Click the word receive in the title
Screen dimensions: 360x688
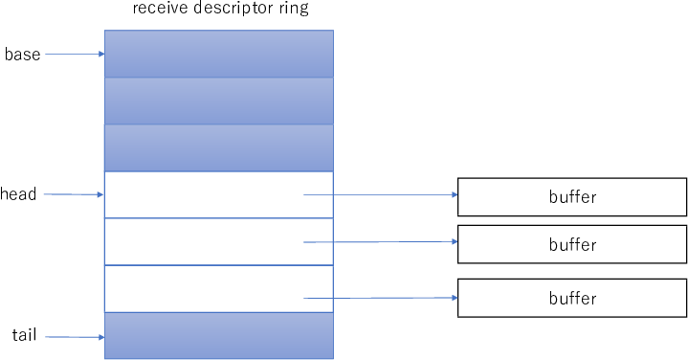(x=160, y=11)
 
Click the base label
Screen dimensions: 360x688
(x=22, y=55)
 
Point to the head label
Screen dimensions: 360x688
(x=18, y=194)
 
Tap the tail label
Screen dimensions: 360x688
(x=24, y=335)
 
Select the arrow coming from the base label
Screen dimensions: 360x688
(x=75, y=55)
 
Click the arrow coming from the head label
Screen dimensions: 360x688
(x=75, y=194)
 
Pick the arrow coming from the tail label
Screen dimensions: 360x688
(x=75, y=337)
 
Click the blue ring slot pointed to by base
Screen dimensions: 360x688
(x=218, y=54)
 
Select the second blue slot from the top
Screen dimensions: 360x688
(x=218, y=101)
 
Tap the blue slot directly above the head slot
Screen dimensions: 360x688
(x=218, y=147)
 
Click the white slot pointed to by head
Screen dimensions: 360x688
(x=218, y=194)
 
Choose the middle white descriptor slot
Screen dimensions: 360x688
(x=218, y=241)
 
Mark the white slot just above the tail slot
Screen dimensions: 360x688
(x=218, y=288)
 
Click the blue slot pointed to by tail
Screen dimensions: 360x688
(x=218, y=335)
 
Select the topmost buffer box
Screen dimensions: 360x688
(x=572, y=197)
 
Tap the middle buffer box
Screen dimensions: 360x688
(x=572, y=244)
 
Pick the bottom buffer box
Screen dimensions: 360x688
(x=572, y=298)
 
